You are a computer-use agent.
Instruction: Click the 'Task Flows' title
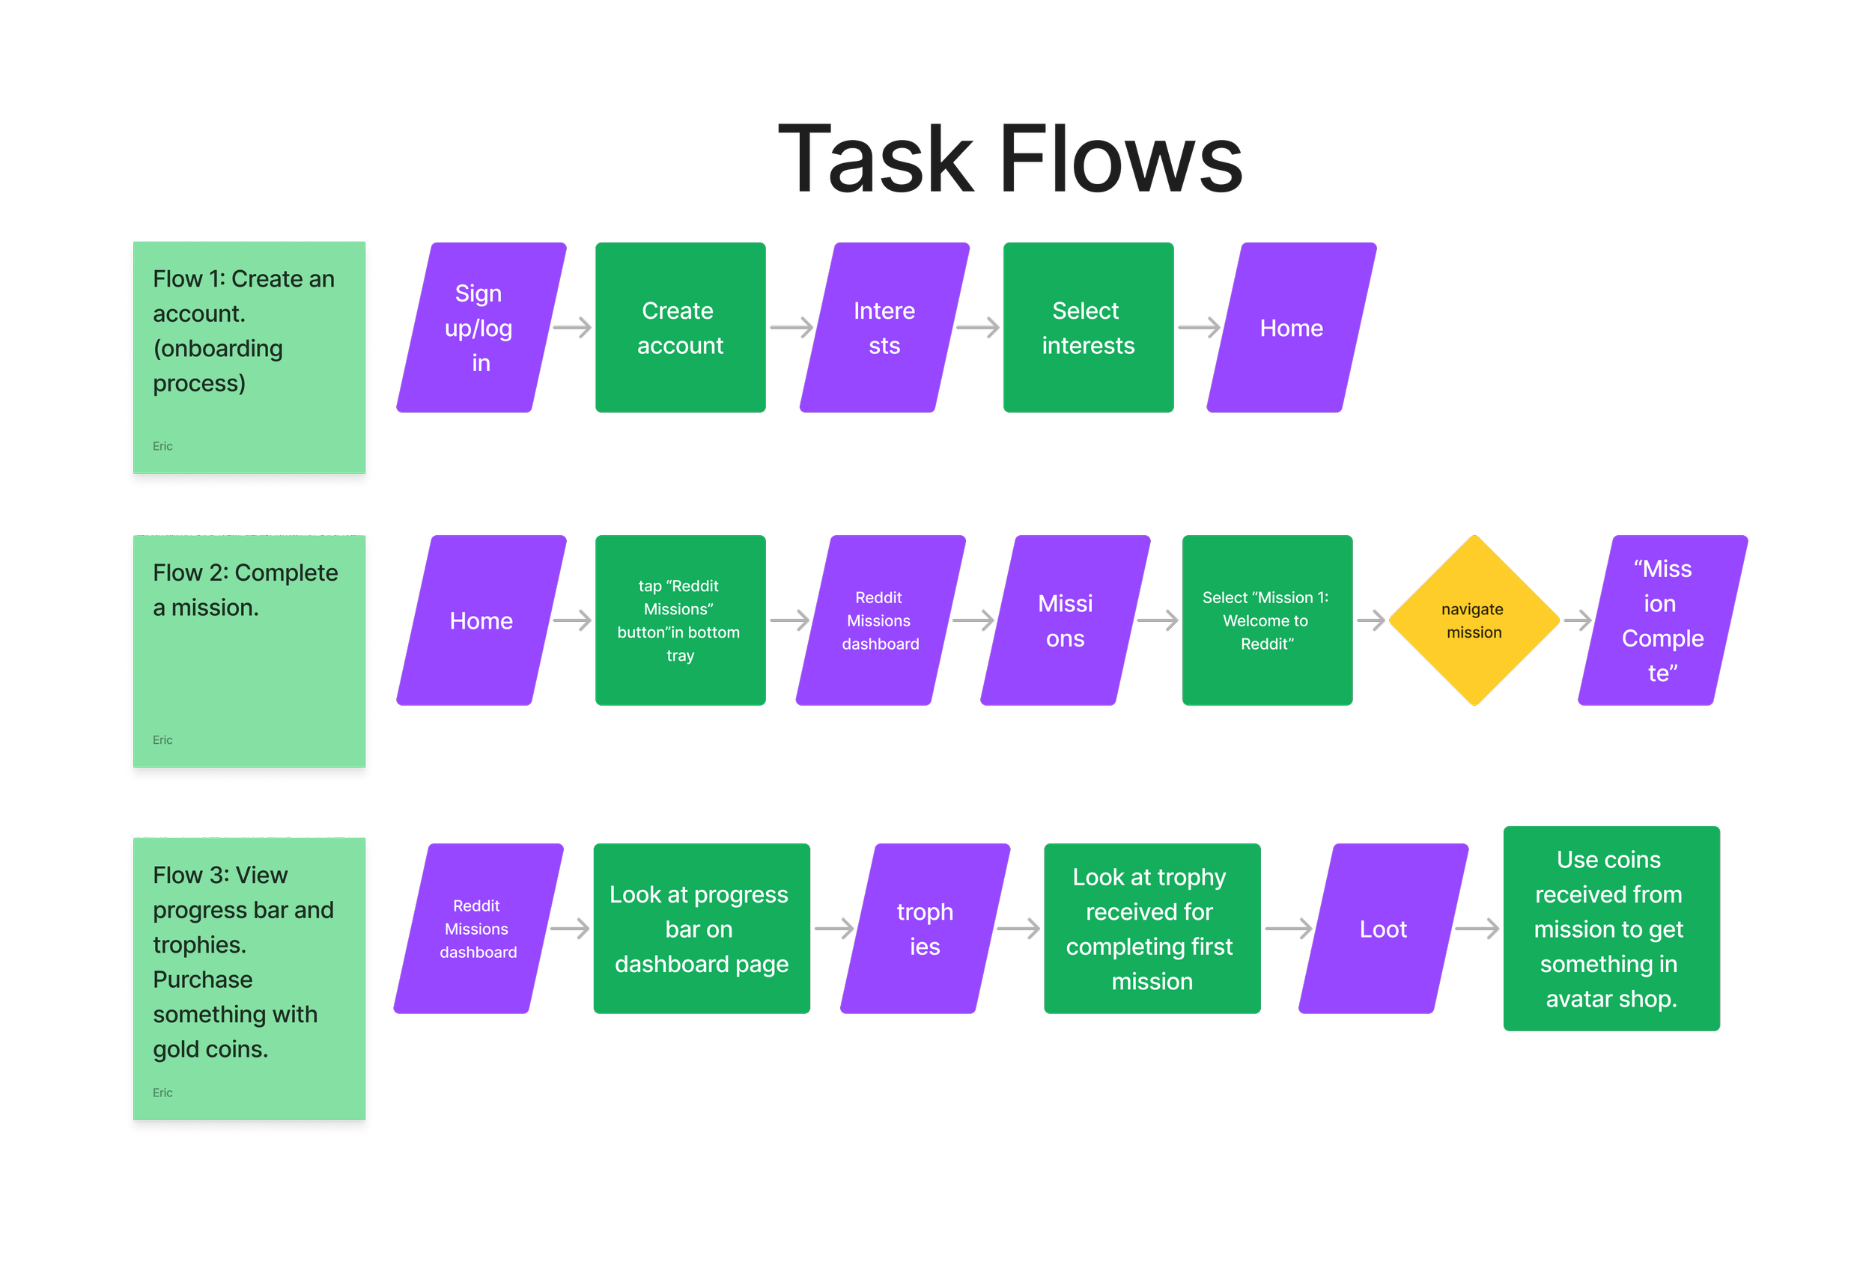[1010, 159]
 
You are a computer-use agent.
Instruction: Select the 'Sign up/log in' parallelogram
[481, 328]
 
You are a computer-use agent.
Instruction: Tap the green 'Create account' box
[681, 328]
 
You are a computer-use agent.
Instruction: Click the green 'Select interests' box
[1088, 328]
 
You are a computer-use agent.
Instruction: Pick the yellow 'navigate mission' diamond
[1474, 621]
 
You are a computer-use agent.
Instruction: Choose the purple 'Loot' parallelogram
[1383, 929]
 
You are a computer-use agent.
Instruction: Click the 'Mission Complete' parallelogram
[1662, 621]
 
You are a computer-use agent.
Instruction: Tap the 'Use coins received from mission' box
[1611, 929]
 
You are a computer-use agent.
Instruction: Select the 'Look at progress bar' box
[701, 929]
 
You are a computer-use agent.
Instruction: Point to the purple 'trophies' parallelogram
[925, 929]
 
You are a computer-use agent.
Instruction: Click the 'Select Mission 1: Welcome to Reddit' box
[1266, 621]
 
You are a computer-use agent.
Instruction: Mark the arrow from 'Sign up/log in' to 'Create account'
[573, 328]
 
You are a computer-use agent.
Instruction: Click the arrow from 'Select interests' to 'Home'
[1199, 328]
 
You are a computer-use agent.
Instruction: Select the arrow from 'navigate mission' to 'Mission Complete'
[1577, 621]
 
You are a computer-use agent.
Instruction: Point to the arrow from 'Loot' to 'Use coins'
[1477, 929]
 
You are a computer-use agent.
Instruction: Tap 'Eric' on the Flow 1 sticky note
[162, 446]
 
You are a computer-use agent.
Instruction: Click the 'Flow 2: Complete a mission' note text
[246, 590]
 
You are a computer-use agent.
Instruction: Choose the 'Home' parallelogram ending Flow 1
[1291, 328]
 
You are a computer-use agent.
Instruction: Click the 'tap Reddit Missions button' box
[680, 621]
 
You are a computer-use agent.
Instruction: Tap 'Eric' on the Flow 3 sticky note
[162, 1093]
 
